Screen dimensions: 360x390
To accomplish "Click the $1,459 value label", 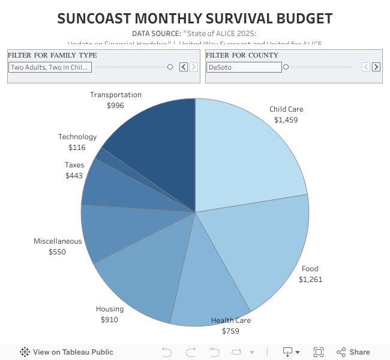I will tap(286, 120).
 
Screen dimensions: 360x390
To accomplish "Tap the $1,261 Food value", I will tap(311, 279).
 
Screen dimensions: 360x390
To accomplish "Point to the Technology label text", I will tap(77, 137).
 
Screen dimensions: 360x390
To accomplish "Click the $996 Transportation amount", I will tap(115, 106).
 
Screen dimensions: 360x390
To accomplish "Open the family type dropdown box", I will tap(50, 67).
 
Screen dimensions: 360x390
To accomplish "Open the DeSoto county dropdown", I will tap(243, 67).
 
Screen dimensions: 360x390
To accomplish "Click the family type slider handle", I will tap(170, 67).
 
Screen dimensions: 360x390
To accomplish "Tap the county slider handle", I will tap(286, 67).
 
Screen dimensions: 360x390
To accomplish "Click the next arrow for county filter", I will tap(376, 67).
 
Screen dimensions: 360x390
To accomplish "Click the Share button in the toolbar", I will tap(353, 352).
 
